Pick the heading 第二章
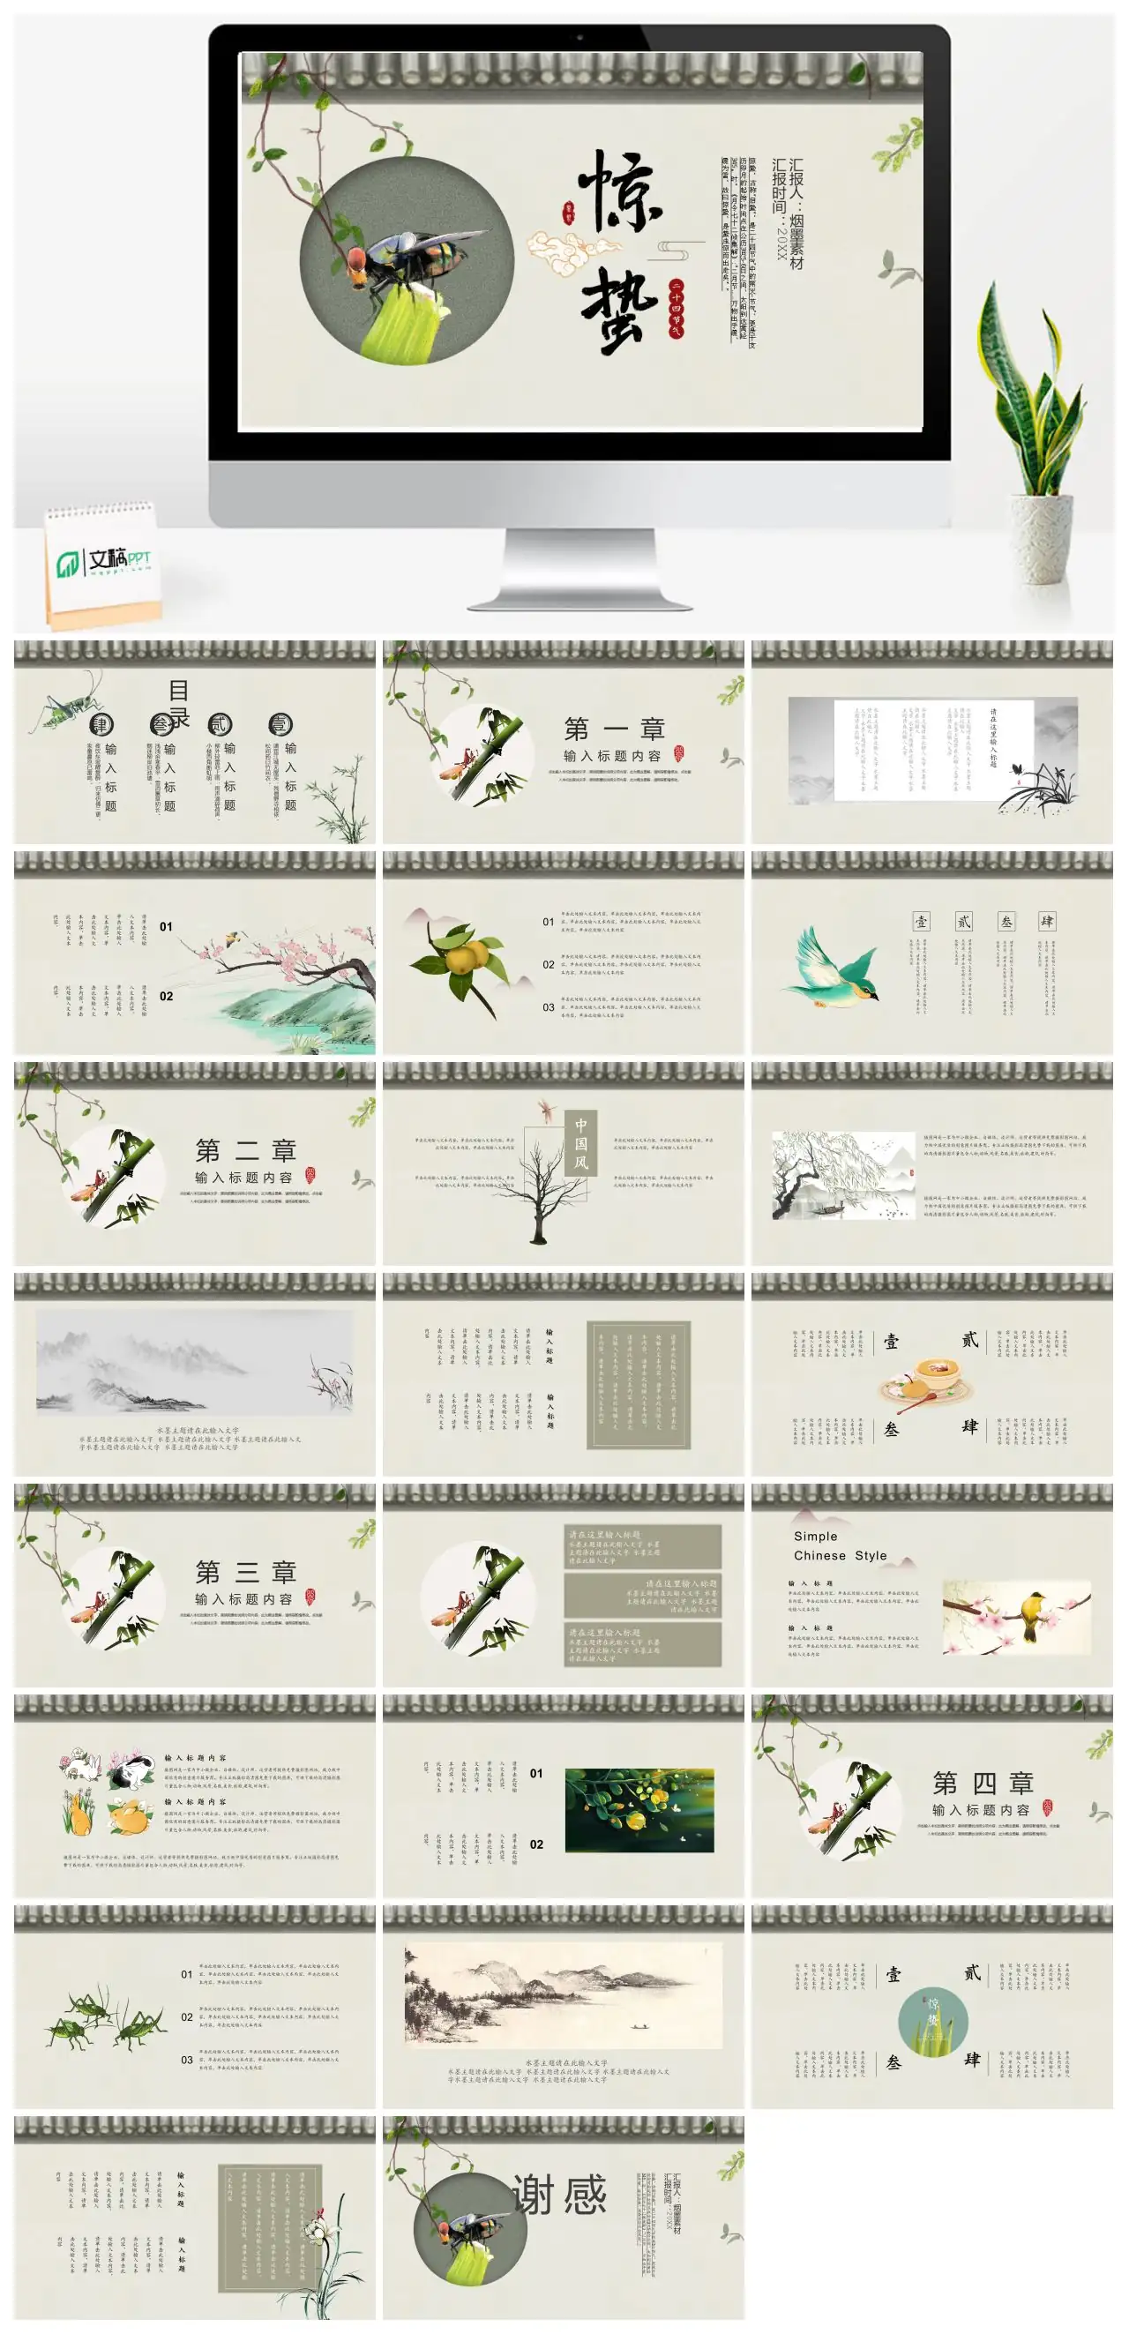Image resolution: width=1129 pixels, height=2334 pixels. [245, 1151]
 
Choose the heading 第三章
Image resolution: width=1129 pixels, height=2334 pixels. [245, 1572]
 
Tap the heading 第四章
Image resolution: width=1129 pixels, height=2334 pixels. [983, 1783]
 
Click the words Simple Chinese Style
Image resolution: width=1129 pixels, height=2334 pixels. [839, 1545]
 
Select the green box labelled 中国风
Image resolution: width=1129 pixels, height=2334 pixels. [580, 1143]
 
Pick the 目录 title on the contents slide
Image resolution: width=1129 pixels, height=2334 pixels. [178, 703]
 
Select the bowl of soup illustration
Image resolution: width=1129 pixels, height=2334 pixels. [931, 1377]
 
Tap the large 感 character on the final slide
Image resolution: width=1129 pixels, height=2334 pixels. [585, 2196]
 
